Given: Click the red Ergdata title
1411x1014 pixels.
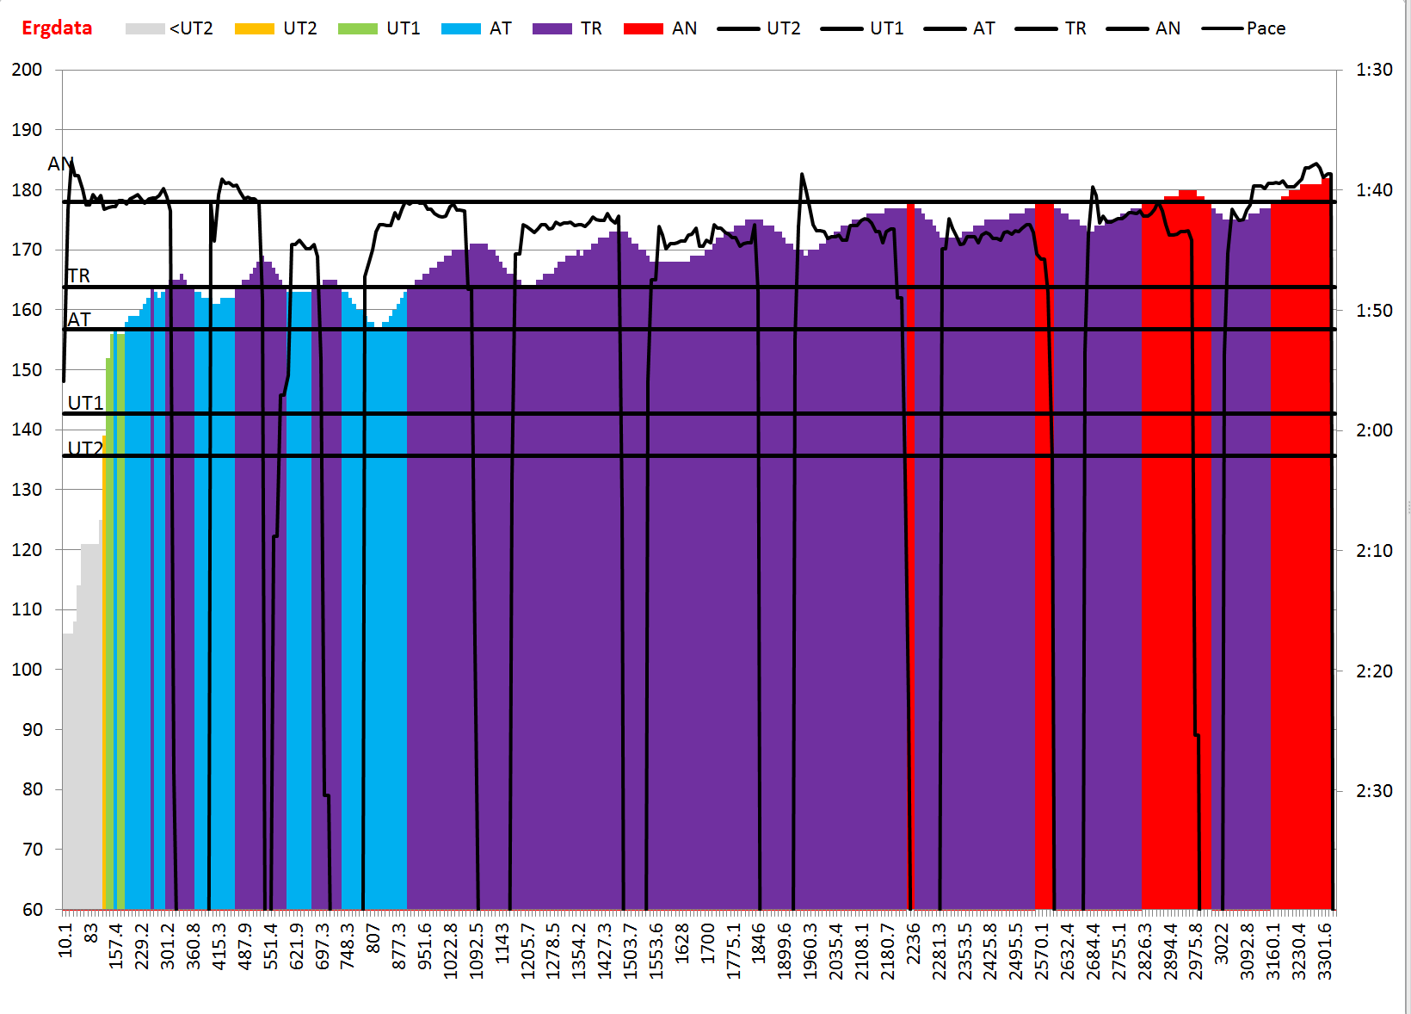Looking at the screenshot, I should tap(57, 28).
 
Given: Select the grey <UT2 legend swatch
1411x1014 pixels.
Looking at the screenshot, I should tap(145, 28).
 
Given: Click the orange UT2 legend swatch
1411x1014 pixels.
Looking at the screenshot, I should tap(254, 28).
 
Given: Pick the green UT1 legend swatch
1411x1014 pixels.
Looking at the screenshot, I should tap(357, 28).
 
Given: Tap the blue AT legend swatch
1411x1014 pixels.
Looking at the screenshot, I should tap(460, 28).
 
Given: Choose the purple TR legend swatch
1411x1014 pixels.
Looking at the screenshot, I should tap(551, 28).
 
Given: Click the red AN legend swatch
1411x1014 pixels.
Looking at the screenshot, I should tap(643, 28).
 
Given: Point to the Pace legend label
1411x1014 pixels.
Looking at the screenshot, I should tap(1266, 28).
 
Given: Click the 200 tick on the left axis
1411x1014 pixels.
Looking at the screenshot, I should tap(27, 70).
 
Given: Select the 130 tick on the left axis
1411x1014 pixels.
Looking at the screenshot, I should tap(27, 489).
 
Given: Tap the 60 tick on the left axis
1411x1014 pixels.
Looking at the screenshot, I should tap(33, 909).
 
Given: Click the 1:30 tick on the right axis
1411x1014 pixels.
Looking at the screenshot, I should tap(1374, 70).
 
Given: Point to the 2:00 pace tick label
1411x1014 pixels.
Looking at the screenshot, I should tap(1374, 430).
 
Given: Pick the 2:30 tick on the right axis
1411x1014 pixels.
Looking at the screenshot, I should tap(1374, 790).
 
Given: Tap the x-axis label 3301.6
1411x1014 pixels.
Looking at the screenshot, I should tap(1325, 951).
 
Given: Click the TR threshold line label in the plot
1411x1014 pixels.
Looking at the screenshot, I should tap(78, 275).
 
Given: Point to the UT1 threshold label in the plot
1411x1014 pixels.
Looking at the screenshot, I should tap(85, 403).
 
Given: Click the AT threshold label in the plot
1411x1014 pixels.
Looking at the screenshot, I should tap(79, 319).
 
